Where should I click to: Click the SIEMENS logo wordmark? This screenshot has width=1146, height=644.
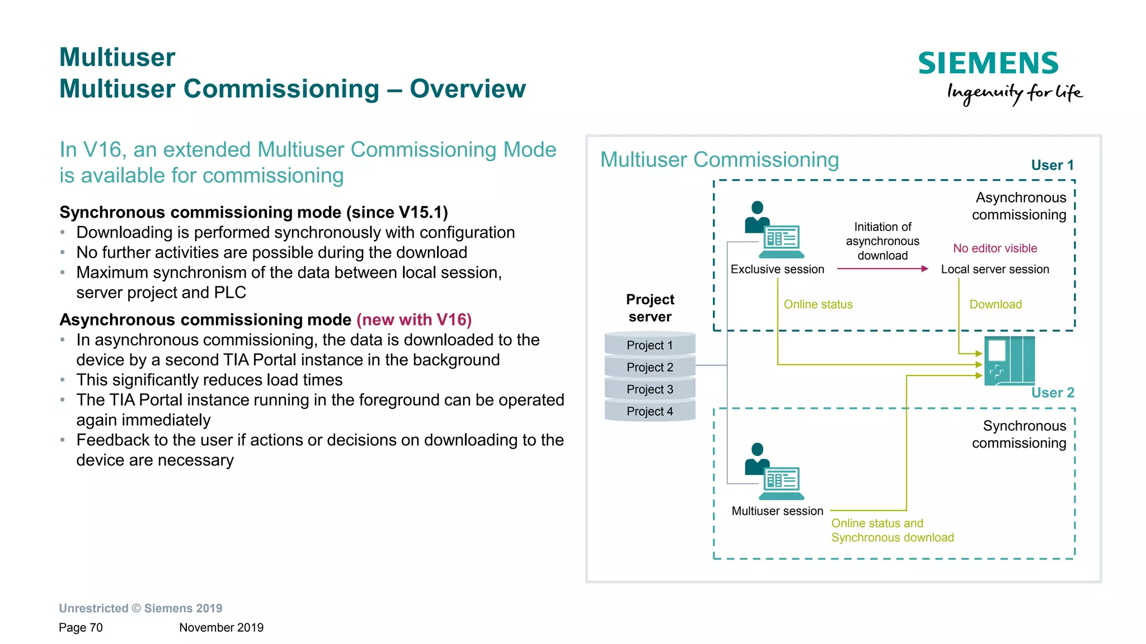click(x=988, y=63)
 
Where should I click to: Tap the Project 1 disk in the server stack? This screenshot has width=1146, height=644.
click(x=650, y=345)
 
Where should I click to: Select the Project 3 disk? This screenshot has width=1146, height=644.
click(x=650, y=389)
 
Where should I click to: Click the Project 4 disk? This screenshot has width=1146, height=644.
click(x=650, y=411)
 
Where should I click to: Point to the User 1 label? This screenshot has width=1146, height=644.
click(x=1052, y=165)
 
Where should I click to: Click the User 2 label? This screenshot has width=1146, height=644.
click(x=1053, y=392)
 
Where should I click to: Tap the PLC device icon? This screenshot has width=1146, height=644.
click(x=1009, y=361)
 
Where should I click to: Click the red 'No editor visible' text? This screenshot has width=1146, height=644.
click(x=995, y=248)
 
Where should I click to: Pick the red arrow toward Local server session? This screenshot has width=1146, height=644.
click(x=882, y=269)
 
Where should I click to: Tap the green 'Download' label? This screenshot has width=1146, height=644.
click(x=995, y=304)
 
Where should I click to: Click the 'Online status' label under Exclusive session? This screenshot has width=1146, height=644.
click(x=818, y=304)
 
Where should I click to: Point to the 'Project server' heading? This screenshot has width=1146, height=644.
click(x=650, y=308)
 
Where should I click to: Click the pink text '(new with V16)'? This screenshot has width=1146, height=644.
click(x=414, y=319)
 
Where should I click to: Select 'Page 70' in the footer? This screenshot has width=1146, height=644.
click(x=81, y=627)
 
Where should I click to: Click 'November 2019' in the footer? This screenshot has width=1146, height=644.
click(x=221, y=627)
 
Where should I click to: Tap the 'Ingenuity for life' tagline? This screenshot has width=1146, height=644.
click(x=1014, y=93)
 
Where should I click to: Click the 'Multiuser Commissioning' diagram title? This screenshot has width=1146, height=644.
click(x=720, y=159)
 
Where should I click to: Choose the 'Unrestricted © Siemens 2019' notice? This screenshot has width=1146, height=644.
click(x=140, y=608)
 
